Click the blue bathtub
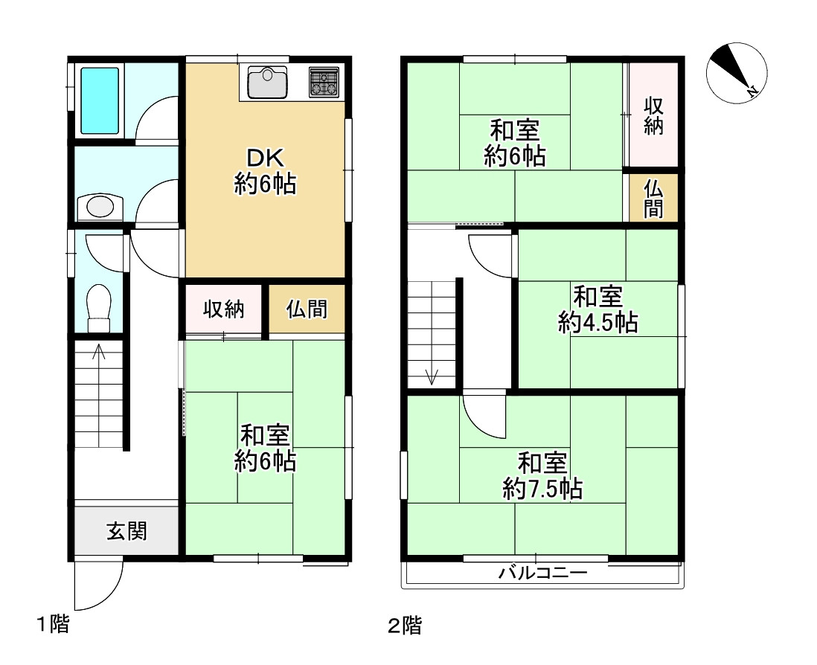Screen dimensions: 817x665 (100, 100)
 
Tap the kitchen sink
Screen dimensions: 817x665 (267, 83)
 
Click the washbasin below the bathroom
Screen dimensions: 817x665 (100, 208)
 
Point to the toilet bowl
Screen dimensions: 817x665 (99, 307)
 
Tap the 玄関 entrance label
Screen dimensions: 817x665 (126, 531)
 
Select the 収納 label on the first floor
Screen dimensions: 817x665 (223, 309)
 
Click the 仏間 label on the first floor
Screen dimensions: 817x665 (307, 309)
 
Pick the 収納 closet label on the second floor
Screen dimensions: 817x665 (653, 115)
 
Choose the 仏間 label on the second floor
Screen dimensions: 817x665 (653, 199)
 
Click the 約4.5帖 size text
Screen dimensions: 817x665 (597, 322)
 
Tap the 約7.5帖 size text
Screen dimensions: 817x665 (542, 489)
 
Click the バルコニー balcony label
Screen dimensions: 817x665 (543, 574)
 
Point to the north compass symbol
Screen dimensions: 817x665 (736, 73)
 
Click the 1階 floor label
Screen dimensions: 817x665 (53, 623)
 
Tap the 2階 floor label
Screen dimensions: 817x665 (405, 625)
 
